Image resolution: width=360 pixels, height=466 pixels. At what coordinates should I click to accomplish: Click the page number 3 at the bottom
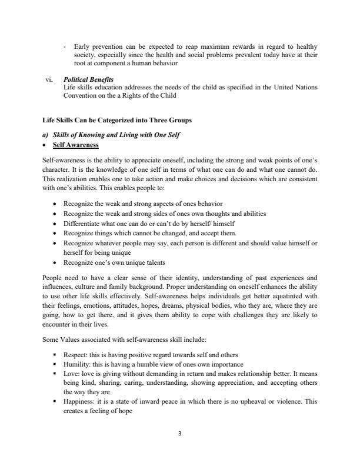pos(180,434)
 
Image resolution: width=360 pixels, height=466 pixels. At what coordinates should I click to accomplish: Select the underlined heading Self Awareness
pos(76,145)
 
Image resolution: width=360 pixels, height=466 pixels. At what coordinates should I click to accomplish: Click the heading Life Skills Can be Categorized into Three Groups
pos(116,120)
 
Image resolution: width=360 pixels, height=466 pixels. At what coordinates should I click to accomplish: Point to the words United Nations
pos(295,87)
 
